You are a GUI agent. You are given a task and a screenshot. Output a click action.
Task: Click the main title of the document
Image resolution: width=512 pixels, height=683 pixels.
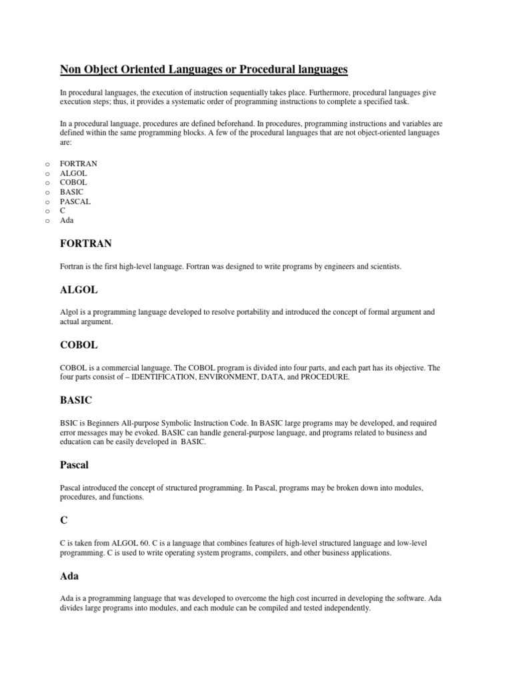pos(204,69)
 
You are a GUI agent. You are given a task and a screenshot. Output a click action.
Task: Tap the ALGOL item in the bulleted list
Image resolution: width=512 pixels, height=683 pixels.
pos(73,173)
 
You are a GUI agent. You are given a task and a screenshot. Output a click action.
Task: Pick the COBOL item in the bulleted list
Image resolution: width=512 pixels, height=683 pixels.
pos(73,182)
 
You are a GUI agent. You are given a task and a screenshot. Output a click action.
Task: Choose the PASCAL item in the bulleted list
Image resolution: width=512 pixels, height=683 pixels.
pos(75,201)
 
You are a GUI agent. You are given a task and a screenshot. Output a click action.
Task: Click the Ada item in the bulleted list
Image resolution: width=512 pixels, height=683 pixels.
pos(67,219)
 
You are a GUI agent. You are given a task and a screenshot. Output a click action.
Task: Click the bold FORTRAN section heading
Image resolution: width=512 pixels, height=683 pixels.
pos(86,244)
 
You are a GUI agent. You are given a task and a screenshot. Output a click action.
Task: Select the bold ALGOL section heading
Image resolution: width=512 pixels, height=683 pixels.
pos(79,290)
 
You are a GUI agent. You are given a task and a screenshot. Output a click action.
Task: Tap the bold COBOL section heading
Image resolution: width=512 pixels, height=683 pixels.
pos(79,345)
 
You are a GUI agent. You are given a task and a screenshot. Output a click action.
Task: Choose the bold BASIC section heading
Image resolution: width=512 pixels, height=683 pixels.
pos(76,400)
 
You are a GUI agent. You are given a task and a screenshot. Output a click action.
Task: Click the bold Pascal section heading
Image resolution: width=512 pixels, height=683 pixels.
pos(75,464)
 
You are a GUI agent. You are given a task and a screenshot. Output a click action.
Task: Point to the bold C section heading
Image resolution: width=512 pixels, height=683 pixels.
pos(64,519)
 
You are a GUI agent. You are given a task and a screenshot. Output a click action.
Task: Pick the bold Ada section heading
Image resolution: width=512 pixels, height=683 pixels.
pos(69,575)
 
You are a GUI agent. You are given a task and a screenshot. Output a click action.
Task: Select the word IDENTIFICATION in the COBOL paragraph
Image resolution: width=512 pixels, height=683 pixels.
pos(165,378)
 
